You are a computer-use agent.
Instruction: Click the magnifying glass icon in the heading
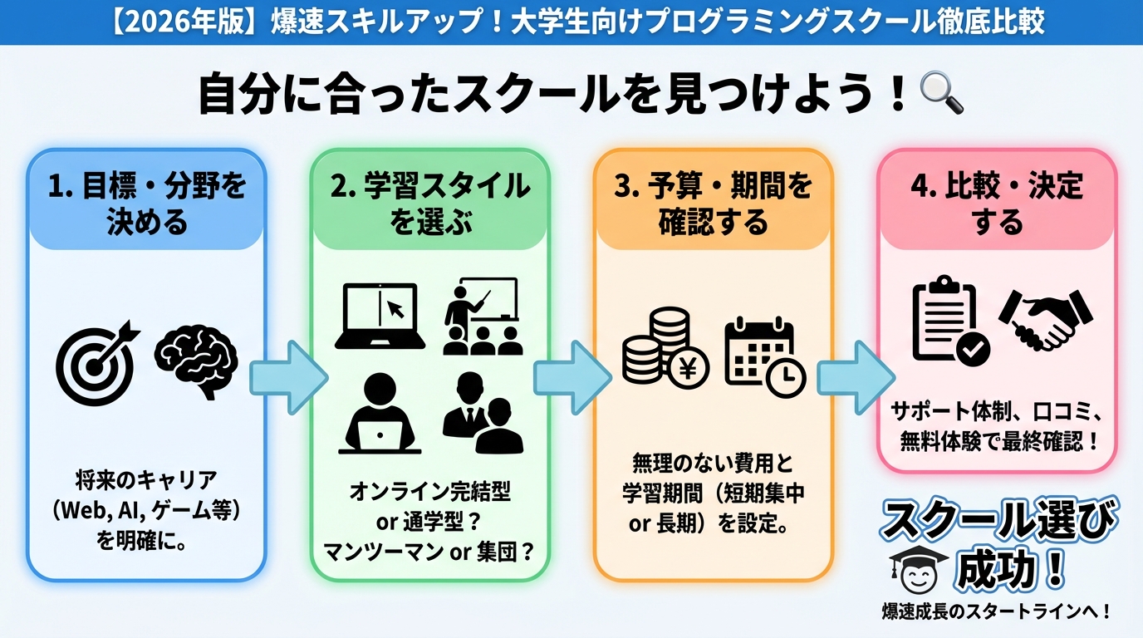942,93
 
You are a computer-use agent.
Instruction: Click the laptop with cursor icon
380,316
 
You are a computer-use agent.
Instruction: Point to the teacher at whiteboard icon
481,317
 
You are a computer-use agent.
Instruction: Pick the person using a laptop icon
380,413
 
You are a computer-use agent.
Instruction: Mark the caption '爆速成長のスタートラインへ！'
996,612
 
